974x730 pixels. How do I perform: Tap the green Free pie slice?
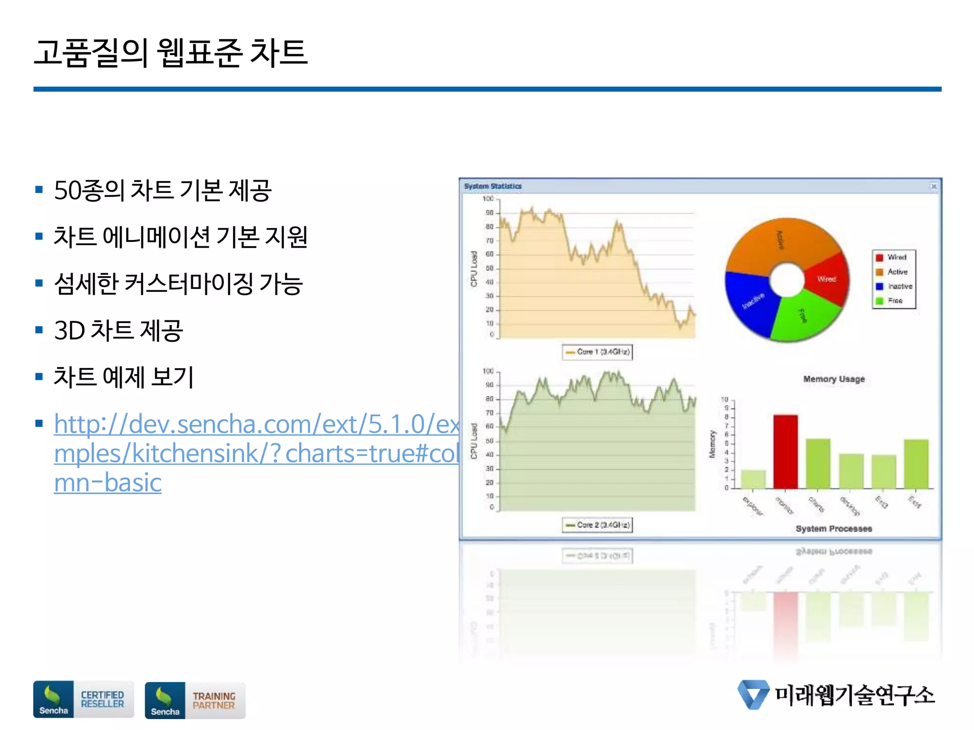coord(804,316)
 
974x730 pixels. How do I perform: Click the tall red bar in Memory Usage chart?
coord(785,451)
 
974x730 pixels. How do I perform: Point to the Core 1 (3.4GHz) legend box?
coord(597,352)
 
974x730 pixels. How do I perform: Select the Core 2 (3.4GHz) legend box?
coord(597,525)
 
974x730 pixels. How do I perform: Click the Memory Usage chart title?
coord(834,379)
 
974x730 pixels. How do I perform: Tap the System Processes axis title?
coord(834,528)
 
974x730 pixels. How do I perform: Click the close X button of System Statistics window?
coord(934,186)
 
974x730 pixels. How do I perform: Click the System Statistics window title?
coord(493,186)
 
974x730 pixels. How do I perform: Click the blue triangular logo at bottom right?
coord(753,694)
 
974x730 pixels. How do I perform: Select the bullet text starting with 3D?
coord(118,330)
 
